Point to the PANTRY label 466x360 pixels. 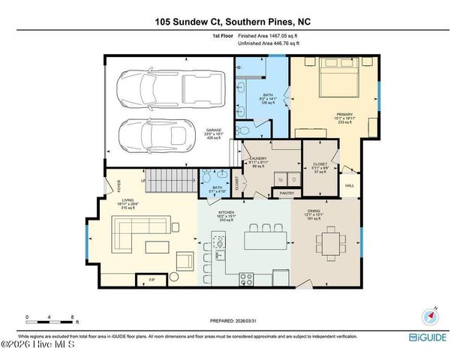[x=286, y=193]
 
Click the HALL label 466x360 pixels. [x=349, y=185]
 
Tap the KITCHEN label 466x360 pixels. [x=227, y=212]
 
